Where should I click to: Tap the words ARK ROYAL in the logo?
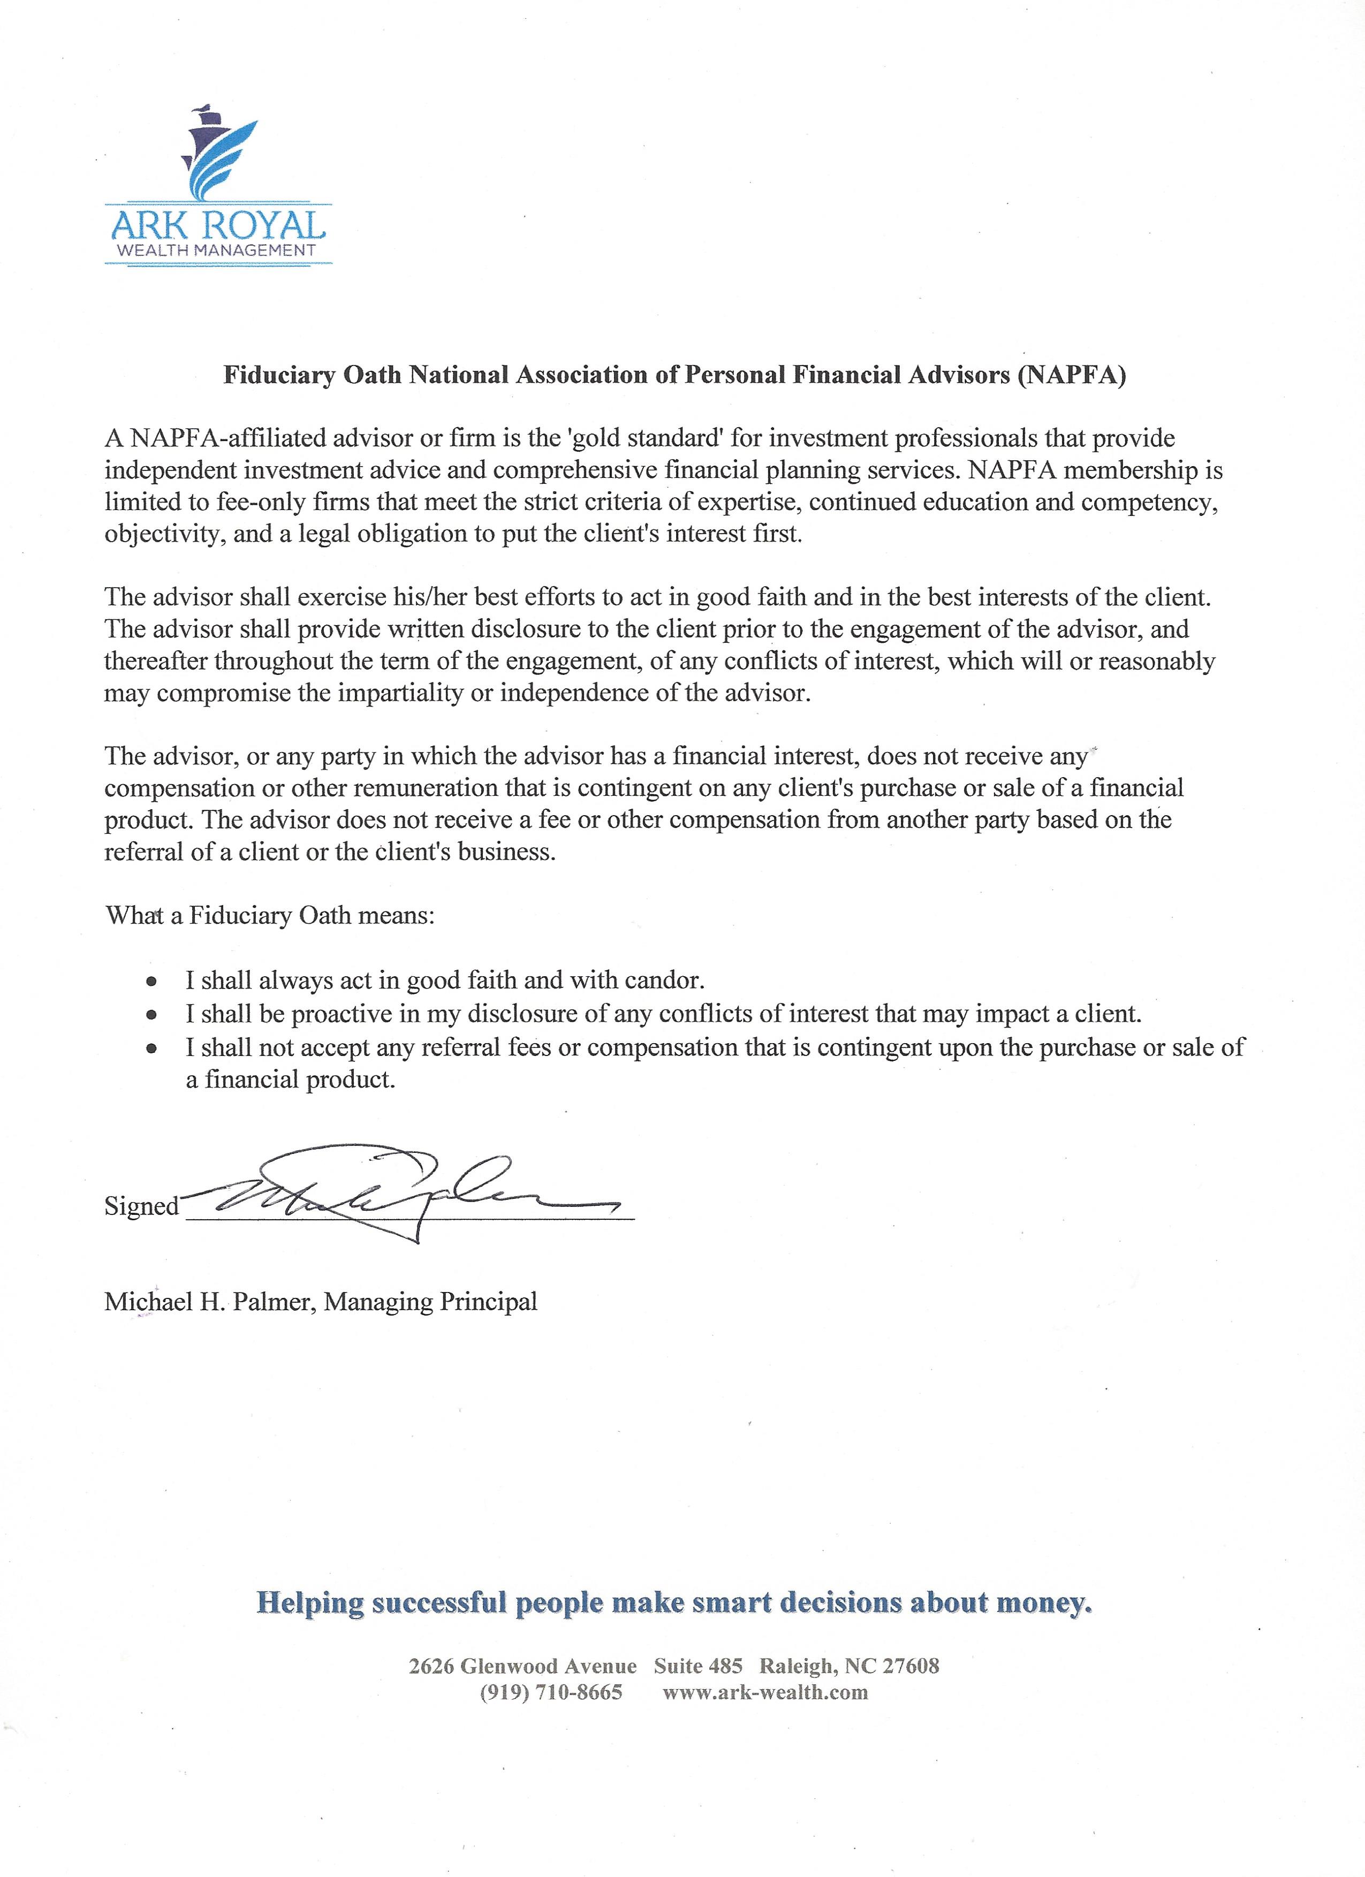pos(218,225)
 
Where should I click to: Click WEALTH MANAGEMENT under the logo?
pos(217,250)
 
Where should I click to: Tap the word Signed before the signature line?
pos(141,1206)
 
